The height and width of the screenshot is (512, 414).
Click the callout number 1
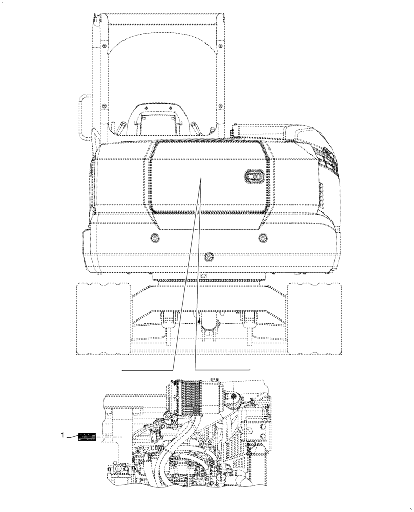click(x=63, y=436)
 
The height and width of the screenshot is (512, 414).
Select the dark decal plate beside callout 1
click(x=87, y=437)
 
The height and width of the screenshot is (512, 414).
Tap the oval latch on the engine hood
click(x=253, y=178)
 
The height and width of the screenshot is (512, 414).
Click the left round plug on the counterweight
click(x=154, y=238)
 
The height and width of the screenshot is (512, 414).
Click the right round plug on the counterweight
click(x=263, y=238)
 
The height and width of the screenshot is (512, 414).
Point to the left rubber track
click(x=102, y=318)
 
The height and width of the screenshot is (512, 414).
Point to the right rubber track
click(x=314, y=318)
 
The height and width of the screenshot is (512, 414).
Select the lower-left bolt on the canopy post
click(x=104, y=106)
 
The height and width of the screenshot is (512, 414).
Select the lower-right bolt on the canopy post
click(x=220, y=106)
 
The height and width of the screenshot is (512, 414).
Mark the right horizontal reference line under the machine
click(x=223, y=369)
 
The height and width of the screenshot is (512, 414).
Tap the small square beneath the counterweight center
click(x=204, y=275)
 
